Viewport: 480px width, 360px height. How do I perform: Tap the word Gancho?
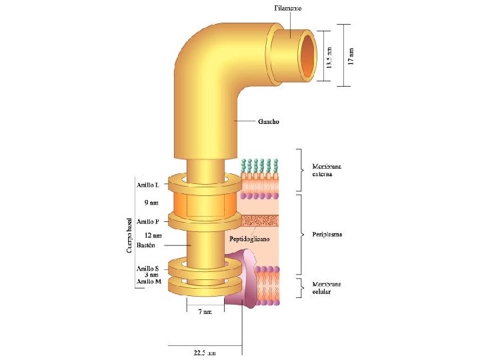pos(268,122)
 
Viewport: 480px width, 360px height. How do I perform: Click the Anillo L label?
pos(147,185)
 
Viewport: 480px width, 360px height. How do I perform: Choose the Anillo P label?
pos(147,221)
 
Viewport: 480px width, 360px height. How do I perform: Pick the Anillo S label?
pos(147,269)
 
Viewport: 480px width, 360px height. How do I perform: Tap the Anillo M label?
pos(149,281)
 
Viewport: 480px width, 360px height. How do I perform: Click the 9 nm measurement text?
pos(151,203)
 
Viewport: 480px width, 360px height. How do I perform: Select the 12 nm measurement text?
pos(153,235)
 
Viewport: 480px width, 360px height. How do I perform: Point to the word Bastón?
pos(145,245)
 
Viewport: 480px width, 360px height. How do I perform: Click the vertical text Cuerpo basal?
pos(129,233)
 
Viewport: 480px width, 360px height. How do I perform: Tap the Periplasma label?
pos(327,235)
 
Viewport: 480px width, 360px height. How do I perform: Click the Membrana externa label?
pos(327,171)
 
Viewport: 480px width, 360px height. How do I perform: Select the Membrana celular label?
pos(327,288)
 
